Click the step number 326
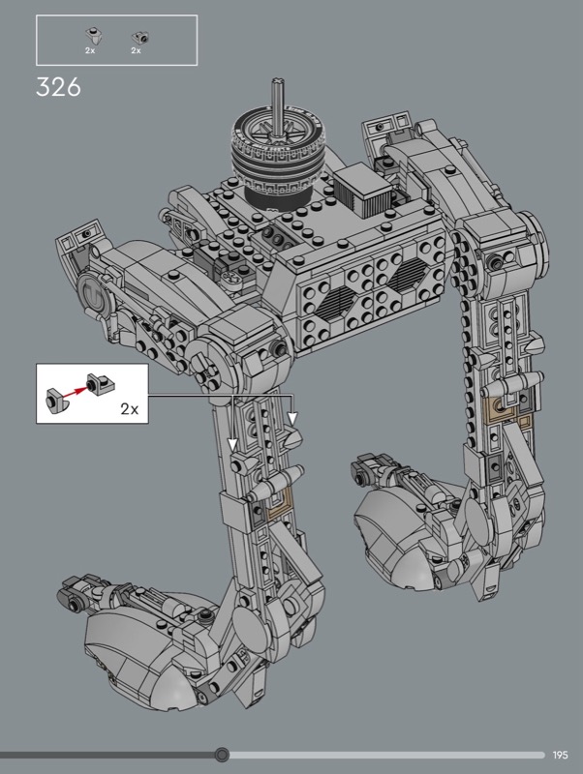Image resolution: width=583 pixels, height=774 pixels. pos(58,87)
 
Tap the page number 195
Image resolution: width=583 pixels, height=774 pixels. pos(561,755)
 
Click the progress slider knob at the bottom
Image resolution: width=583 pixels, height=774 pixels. pos(223,755)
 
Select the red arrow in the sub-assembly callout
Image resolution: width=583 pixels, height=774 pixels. pos(75,391)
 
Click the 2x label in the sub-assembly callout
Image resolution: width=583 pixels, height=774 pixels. pos(130,408)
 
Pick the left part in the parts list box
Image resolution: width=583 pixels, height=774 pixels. pos(92,36)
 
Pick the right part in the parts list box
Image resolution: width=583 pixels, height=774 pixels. pos(140,37)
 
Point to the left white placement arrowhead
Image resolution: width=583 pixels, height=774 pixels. pos(232,444)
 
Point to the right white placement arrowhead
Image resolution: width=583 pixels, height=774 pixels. pos(292,419)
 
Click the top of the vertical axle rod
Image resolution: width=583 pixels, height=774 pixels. pos(279,81)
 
